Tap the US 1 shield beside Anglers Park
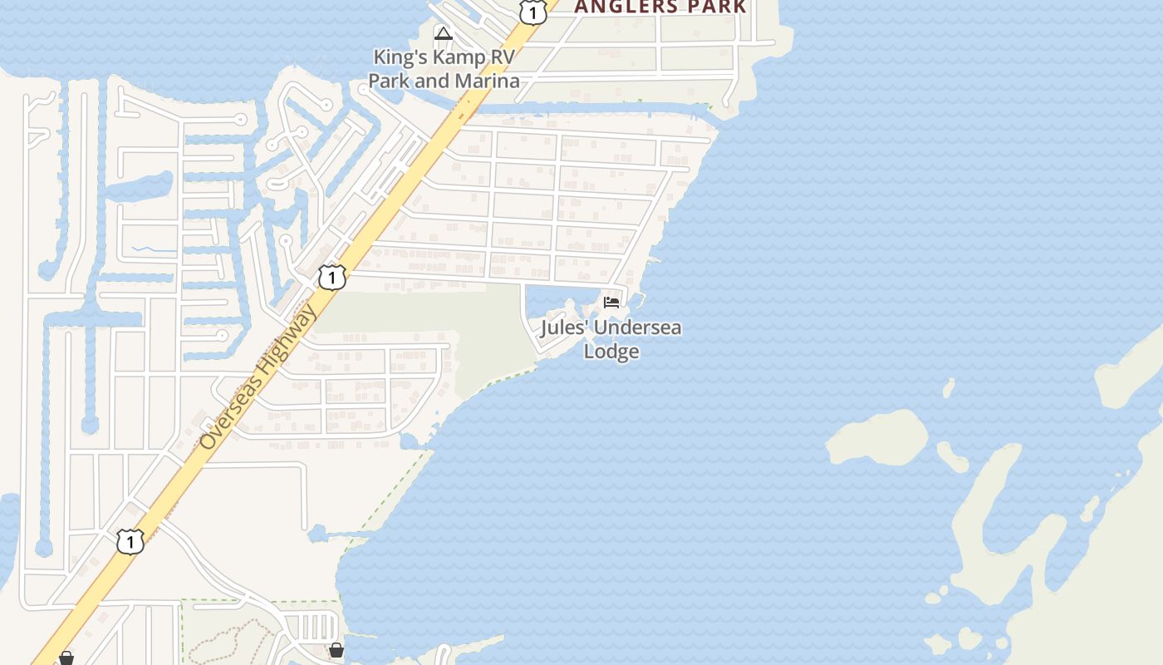532,11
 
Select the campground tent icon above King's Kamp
444,34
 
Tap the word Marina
486,81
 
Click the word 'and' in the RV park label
430,81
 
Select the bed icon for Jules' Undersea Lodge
612,302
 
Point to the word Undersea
638,328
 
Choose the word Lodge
611,351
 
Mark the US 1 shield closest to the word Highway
331,277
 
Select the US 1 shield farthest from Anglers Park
130,541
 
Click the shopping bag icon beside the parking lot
336,650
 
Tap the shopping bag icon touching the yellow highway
66,658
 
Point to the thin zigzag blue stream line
155,249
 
